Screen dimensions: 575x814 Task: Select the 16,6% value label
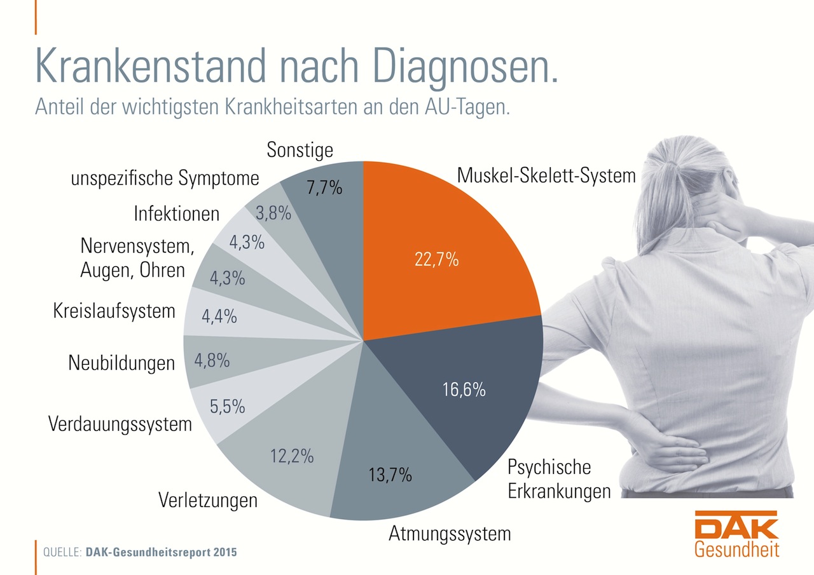(x=464, y=389)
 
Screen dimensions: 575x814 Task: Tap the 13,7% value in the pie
(x=390, y=474)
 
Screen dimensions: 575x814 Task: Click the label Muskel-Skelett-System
(x=546, y=175)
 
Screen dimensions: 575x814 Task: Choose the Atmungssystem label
(x=450, y=533)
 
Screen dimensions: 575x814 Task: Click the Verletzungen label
(x=208, y=500)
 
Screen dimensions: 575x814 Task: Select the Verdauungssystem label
(x=120, y=423)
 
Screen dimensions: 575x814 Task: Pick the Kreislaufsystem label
(x=114, y=311)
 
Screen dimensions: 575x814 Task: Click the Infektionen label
(x=176, y=213)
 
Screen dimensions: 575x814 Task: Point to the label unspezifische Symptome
(x=165, y=179)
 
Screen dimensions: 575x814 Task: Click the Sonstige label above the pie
(x=300, y=151)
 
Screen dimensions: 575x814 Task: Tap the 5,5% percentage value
(x=227, y=406)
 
